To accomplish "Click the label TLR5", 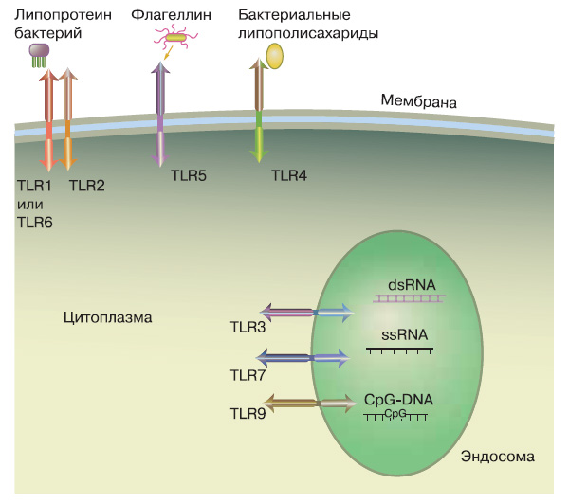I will coord(189,174).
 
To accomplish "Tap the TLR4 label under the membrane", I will coord(289,174).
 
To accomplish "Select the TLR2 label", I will coord(86,186).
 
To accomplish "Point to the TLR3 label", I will coord(249,329).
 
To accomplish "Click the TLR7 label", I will coord(249,376).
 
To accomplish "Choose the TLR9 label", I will coord(249,414).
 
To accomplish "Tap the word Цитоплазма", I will coord(108,317).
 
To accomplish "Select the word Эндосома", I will coord(498,457).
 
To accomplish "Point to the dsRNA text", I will coord(410,283).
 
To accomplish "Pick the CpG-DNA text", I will coord(398,400).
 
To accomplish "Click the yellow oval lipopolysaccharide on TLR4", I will coord(275,56).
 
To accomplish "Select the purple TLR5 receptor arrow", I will coord(162,114).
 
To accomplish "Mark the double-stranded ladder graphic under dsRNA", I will coord(410,298).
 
